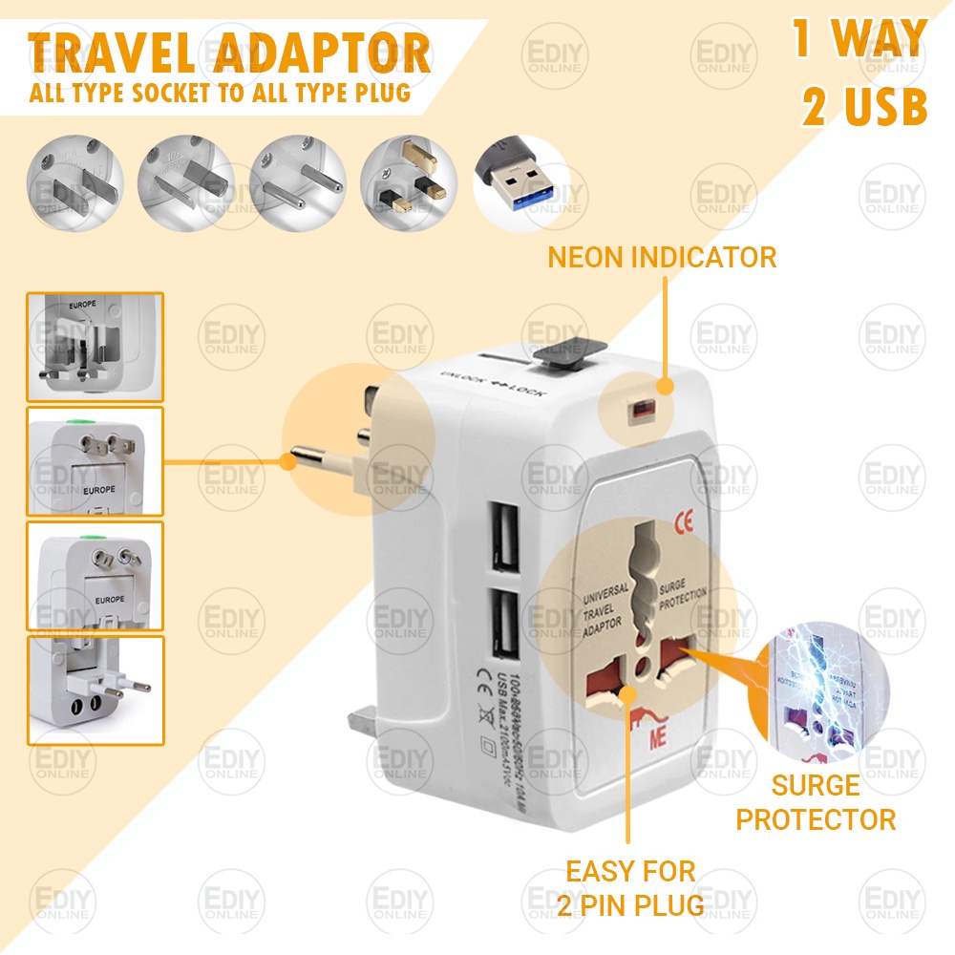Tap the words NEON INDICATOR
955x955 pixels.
[662, 257]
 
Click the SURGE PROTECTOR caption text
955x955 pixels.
[816, 802]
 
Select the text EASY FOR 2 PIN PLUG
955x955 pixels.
[630, 886]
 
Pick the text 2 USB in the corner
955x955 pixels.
[864, 108]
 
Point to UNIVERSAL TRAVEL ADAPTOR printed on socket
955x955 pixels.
[605, 606]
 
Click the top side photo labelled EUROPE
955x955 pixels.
[95, 346]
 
